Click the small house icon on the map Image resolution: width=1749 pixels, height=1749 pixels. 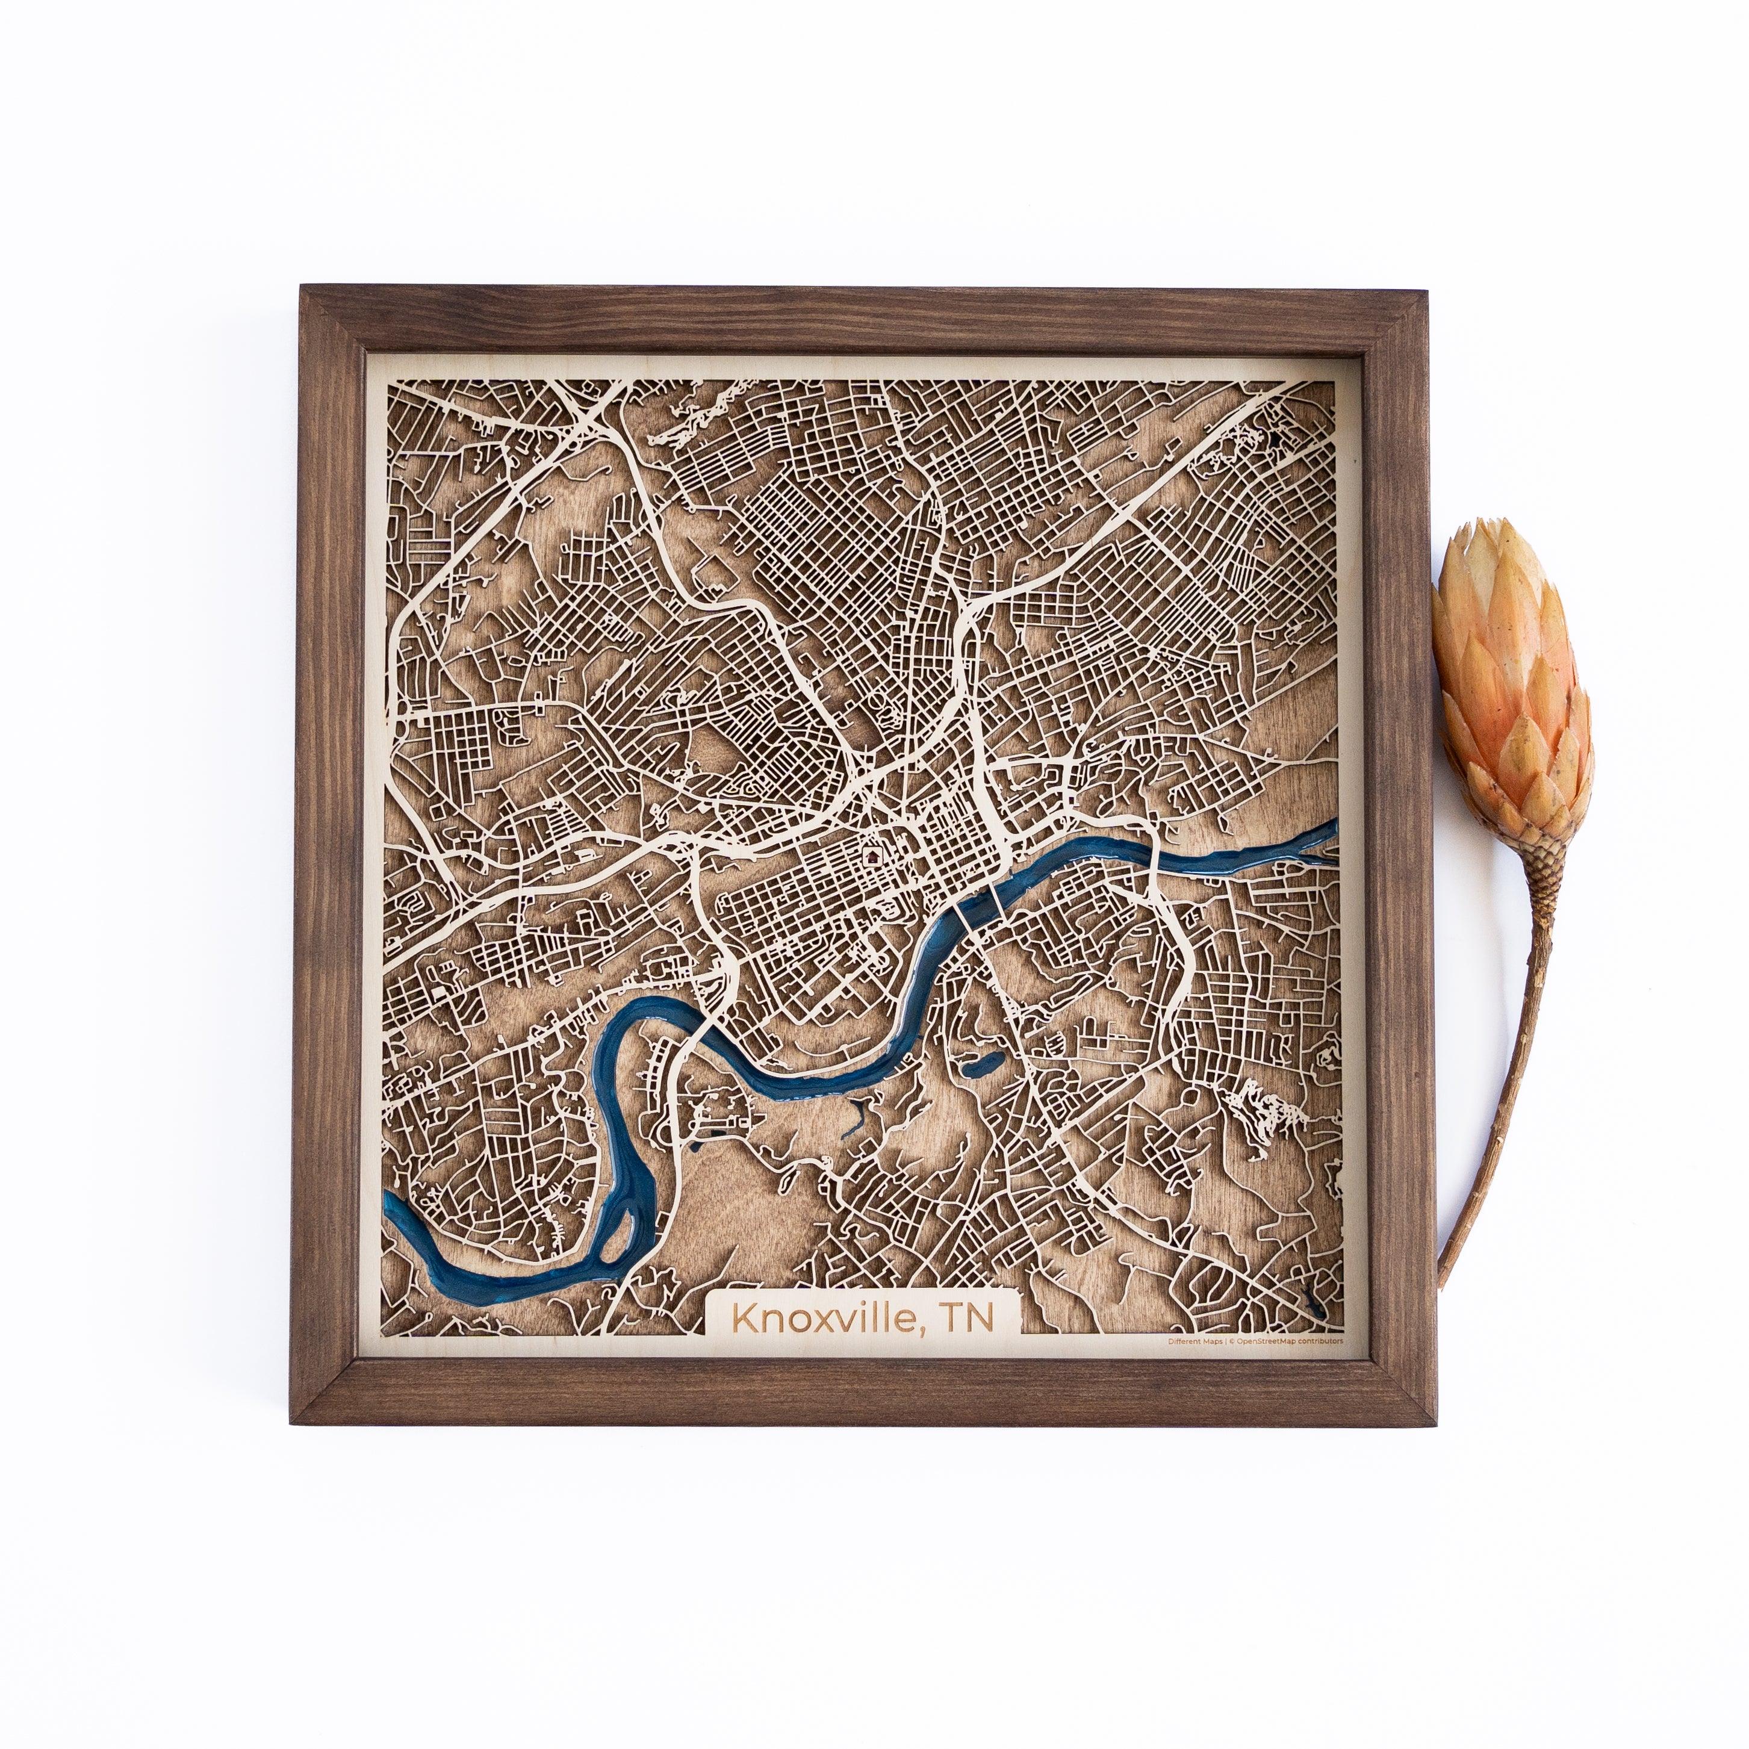pos(872,854)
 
